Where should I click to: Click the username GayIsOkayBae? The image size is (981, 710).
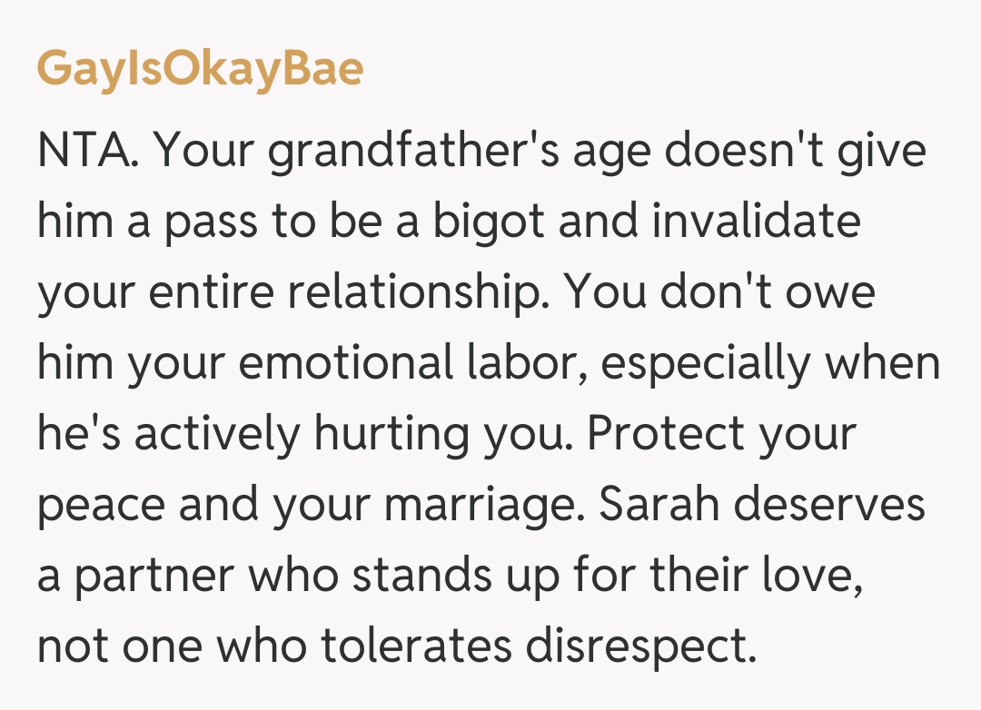200,70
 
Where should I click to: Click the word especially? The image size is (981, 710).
705,364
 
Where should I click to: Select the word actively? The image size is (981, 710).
216,435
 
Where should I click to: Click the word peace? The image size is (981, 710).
100,506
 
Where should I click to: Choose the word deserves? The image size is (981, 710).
828,506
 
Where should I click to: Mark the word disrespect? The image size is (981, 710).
653,647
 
